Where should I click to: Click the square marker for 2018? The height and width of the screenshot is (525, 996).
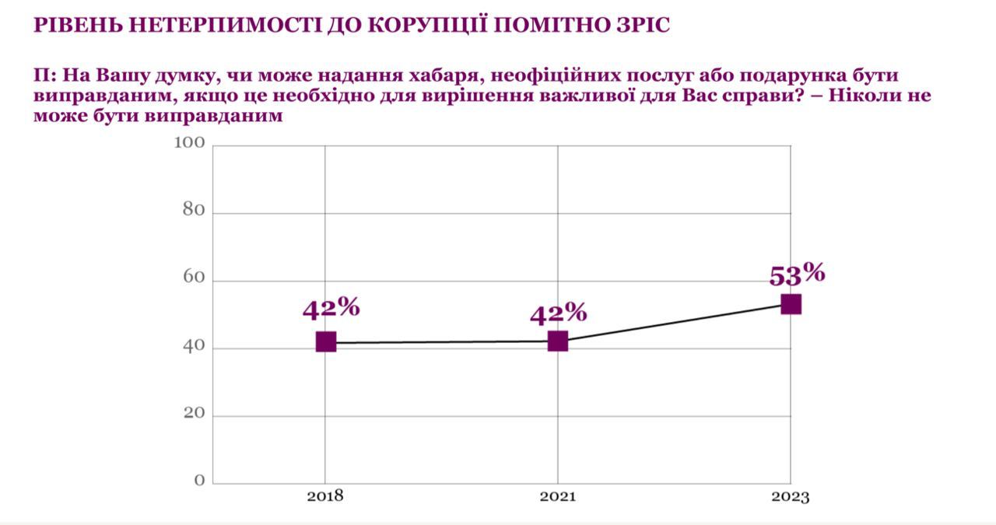coord(326,341)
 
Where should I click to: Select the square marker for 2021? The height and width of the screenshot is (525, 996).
coord(558,341)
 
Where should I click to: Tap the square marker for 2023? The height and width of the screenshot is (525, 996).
coord(791,304)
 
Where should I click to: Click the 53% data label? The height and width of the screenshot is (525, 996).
coord(796,275)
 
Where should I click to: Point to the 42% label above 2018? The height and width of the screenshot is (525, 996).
coord(331,308)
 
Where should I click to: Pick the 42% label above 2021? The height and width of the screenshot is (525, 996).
coord(558,313)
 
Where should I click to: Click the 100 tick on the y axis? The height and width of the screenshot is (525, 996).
coord(189,143)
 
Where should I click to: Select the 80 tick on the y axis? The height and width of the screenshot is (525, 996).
coord(194,211)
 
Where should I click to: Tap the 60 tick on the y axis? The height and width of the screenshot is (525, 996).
coord(194,278)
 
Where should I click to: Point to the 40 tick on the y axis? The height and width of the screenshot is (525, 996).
coord(194,346)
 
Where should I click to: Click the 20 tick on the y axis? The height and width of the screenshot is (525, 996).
coord(194,414)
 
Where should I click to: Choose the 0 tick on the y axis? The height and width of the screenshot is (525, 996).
coord(199,481)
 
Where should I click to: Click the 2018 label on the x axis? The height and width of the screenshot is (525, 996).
coord(325,496)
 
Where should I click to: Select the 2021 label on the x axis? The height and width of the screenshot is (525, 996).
coord(558,496)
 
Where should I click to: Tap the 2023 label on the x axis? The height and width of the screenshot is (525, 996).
coord(791,497)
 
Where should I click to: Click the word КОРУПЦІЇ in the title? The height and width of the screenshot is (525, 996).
coord(416,26)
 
